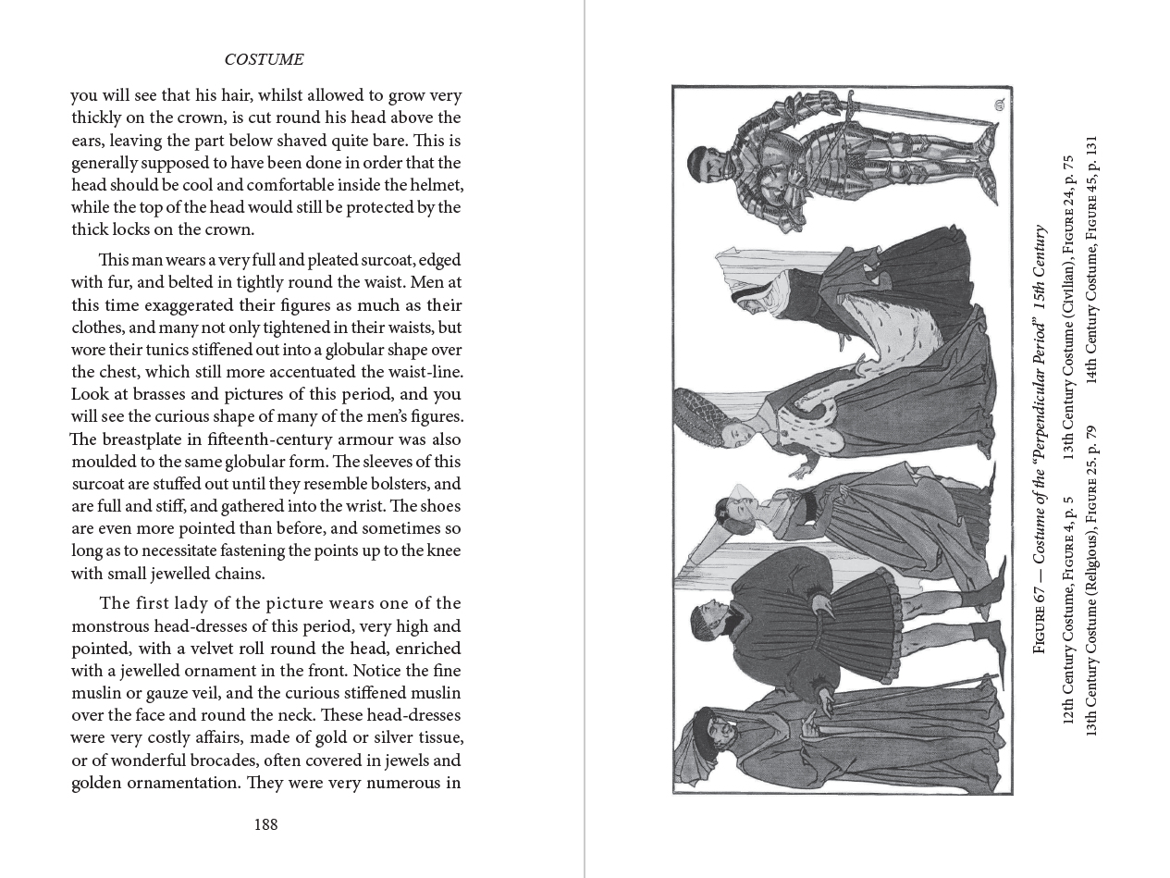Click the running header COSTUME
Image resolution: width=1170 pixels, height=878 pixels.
pyautogui.click(x=264, y=60)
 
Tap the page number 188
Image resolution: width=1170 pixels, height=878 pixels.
pyautogui.click(x=265, y=824)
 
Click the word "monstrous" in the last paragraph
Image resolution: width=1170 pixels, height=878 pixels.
pyautogui.click(x=112, y=625)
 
